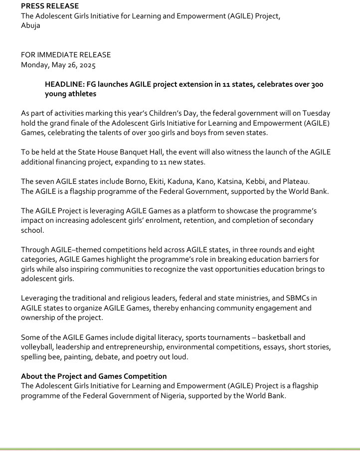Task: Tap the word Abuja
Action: coord(30,25)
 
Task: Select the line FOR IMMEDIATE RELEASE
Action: coord(66,55)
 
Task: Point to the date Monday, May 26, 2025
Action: coord(58,64)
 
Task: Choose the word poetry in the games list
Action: coord(149,356)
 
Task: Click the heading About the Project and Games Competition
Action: coord(94,376)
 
